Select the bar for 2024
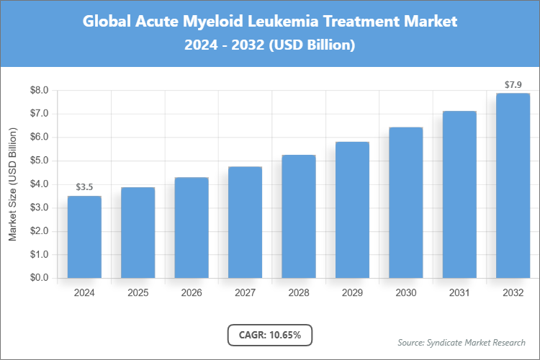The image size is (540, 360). coord(84,237)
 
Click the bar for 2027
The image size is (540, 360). coord(245,222)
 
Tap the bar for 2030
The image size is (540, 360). coord(406,202)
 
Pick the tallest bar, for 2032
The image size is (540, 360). coord(513,185)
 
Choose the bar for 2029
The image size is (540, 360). coord(352,210)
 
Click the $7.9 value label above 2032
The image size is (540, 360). coord(513,85)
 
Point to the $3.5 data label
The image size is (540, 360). coord(84,187)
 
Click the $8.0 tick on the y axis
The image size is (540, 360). coord(39,91)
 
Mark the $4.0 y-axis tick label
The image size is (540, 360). coord(39,184)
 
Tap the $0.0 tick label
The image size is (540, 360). coord(39,278)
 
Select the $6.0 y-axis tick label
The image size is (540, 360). coord(39,138)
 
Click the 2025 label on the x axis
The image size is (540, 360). coord(138,293)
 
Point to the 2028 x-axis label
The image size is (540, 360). coord(299,293)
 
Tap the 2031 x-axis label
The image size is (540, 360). coord(459,293)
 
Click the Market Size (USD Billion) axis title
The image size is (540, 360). coord(12,184)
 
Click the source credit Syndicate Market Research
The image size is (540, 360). coord(461,342)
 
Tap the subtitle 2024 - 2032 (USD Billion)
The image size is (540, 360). coord(270,45)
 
